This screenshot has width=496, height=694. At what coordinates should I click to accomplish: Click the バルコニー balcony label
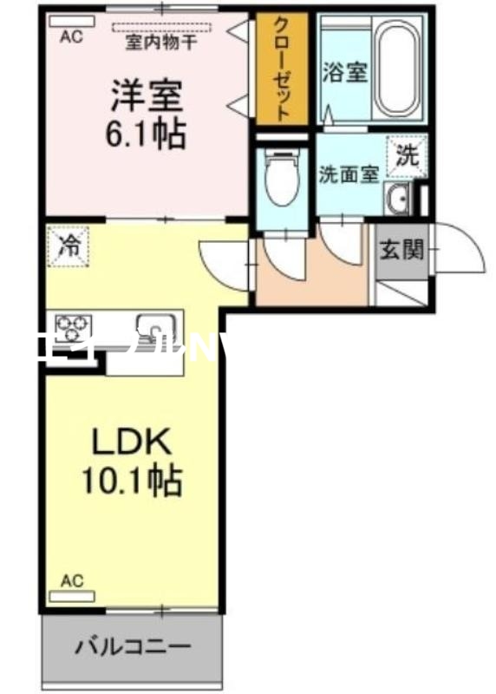[x=133, y=646]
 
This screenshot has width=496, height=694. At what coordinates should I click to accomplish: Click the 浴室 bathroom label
[x=345, y=73]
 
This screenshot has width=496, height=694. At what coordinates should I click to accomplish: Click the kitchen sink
[x=156, y=329]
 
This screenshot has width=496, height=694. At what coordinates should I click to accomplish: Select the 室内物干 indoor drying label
[x=161, y=38]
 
